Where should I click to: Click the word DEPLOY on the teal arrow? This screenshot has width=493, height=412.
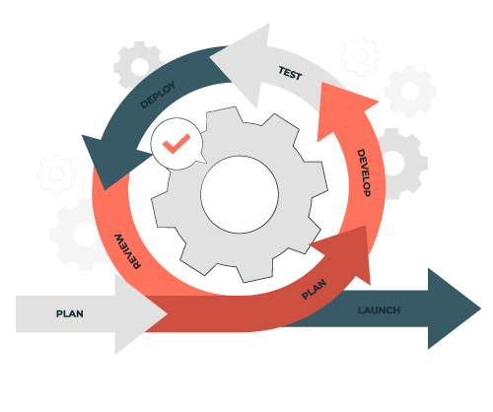click(x=158, y=95)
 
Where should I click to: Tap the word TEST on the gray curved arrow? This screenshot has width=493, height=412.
click(x=290, y=73)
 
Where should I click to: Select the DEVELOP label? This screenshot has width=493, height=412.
click(x=364, y=172)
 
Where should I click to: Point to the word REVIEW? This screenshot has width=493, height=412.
click(x=127, y=251)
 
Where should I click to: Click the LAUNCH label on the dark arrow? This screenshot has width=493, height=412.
click(x=379, y=310)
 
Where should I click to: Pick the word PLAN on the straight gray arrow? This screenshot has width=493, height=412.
click(x=70, y=313)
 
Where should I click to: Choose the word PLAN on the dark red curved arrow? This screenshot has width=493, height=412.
click(x=314, y=289)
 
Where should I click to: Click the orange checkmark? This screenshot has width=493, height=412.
click(x=176, y=144)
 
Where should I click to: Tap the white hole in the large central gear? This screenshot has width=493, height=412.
click(x=240, y=194)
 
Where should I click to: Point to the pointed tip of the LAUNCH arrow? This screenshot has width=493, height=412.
click(x=481, y=309)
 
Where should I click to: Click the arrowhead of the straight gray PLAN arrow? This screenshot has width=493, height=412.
click(x=140, y=313)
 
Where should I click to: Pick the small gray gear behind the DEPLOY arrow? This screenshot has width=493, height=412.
click(x=139, y=66)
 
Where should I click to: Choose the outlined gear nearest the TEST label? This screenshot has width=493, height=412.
click(x=360, y=56)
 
